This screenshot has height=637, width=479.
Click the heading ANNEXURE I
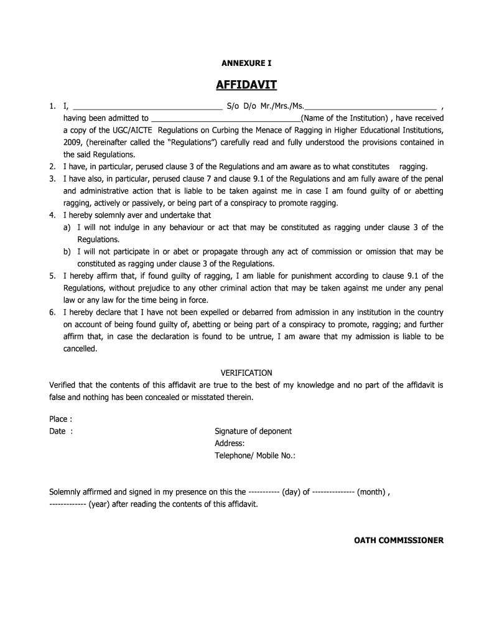pyautogui.click(x=247, y=63)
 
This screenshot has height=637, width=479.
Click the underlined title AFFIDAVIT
pyautogui.click(x=246, y=85)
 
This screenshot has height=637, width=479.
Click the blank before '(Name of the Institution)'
pyautogui.click(x=225, y=119)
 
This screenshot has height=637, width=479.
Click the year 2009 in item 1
pyautogui.click(x=73, y=142)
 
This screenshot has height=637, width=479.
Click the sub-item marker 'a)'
pyautogui.click(x=67, y=228)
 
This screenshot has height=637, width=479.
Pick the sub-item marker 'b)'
pyautogui.click(x=67, y=252)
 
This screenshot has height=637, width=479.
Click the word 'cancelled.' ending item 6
pyautogui.click(x=80, y=349)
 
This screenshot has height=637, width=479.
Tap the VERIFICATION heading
pyautogui.click(x=246, y=373)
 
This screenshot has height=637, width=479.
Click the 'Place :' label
pyautogui.click(x=61, y=419)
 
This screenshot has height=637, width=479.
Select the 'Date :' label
pyautogui.click(x=61, y=431)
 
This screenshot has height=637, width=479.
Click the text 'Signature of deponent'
pyautogui.click(x=253, y=431)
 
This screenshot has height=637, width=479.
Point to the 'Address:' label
pyautogui.click(x=230, y=444)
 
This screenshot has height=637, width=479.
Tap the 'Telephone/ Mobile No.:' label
pyautogui.click(x=255, y=455)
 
